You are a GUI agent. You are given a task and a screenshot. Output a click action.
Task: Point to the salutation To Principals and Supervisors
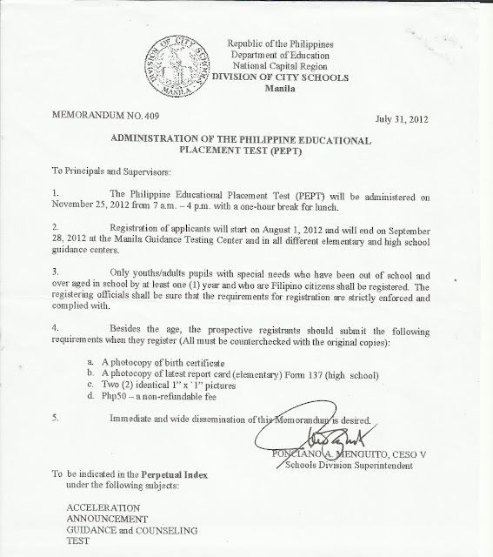[108, 174]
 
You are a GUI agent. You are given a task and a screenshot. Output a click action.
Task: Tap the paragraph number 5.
[55, 417]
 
